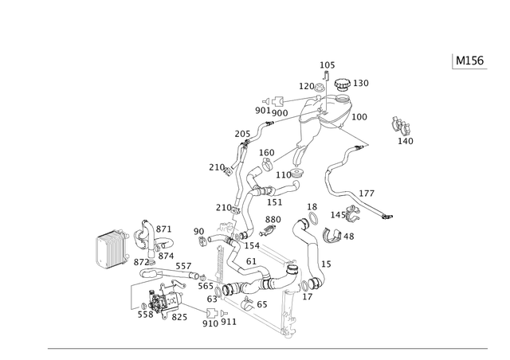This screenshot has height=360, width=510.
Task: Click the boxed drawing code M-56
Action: pyautogui.click(x=469, y=61)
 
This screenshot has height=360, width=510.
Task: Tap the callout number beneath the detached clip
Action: pyautogui.click(x=406, y=142)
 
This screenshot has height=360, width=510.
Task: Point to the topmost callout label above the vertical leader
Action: pyautogui.click(x=324, y=63)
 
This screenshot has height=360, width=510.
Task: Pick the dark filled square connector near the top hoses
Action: pyautogui.click(x=277, y=100)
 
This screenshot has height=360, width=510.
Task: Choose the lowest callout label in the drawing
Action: pyautogui.click(x=220, y=323)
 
